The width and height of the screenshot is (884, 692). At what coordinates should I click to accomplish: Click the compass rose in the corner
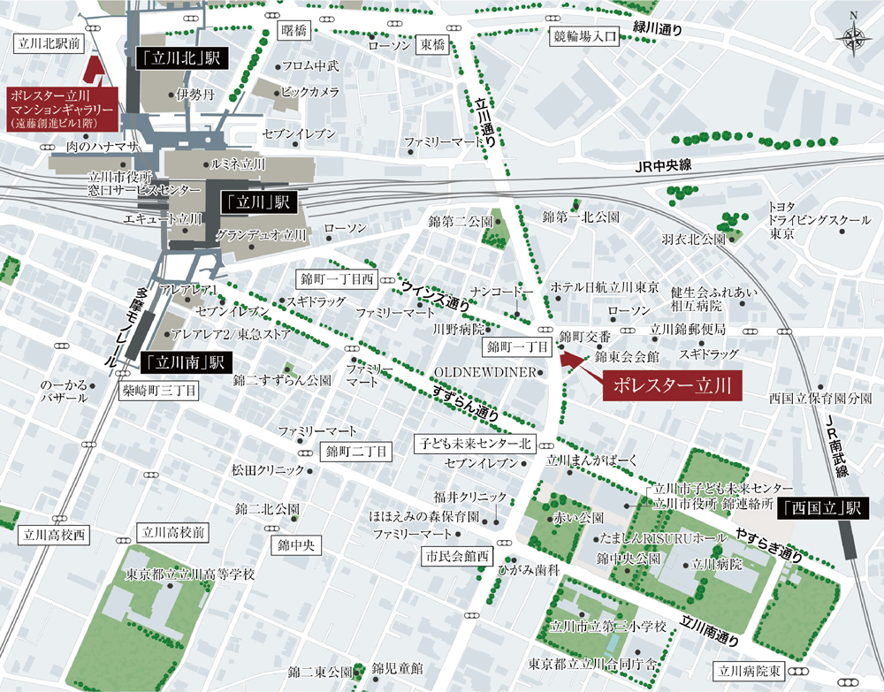pos(853,36)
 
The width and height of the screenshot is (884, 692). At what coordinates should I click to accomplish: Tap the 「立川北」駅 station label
pos(182,60)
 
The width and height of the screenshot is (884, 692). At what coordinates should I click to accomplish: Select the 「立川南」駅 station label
pos(185,361)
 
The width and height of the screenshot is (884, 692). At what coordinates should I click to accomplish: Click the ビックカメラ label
pos(310,92)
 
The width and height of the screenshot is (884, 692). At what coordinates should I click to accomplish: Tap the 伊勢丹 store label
pos(194,95)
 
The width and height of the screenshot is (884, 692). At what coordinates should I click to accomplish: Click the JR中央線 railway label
pos(662,167)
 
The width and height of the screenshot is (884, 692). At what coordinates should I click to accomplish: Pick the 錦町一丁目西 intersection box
pos(337,279)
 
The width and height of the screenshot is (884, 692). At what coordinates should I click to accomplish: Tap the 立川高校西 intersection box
pos(54,534)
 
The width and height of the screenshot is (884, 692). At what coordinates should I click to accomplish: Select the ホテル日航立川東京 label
pos(605,288)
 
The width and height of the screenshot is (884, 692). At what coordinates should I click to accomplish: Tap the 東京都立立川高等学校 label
pos(190,574)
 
